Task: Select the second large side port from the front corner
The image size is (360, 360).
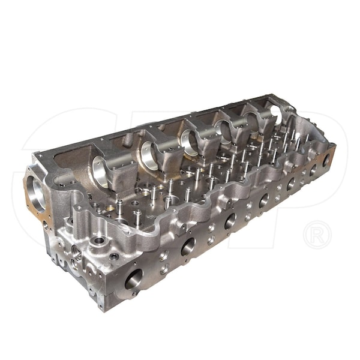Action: [188, 245]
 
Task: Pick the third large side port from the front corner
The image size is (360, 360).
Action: [230, 221]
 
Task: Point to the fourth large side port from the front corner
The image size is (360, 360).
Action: [263, 201]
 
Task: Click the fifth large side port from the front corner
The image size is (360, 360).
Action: [291, 184]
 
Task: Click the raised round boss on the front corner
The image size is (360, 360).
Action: [97, 243]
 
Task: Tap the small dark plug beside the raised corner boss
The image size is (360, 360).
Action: [113, 256]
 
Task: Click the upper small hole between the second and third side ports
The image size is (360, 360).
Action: [210, 229]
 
